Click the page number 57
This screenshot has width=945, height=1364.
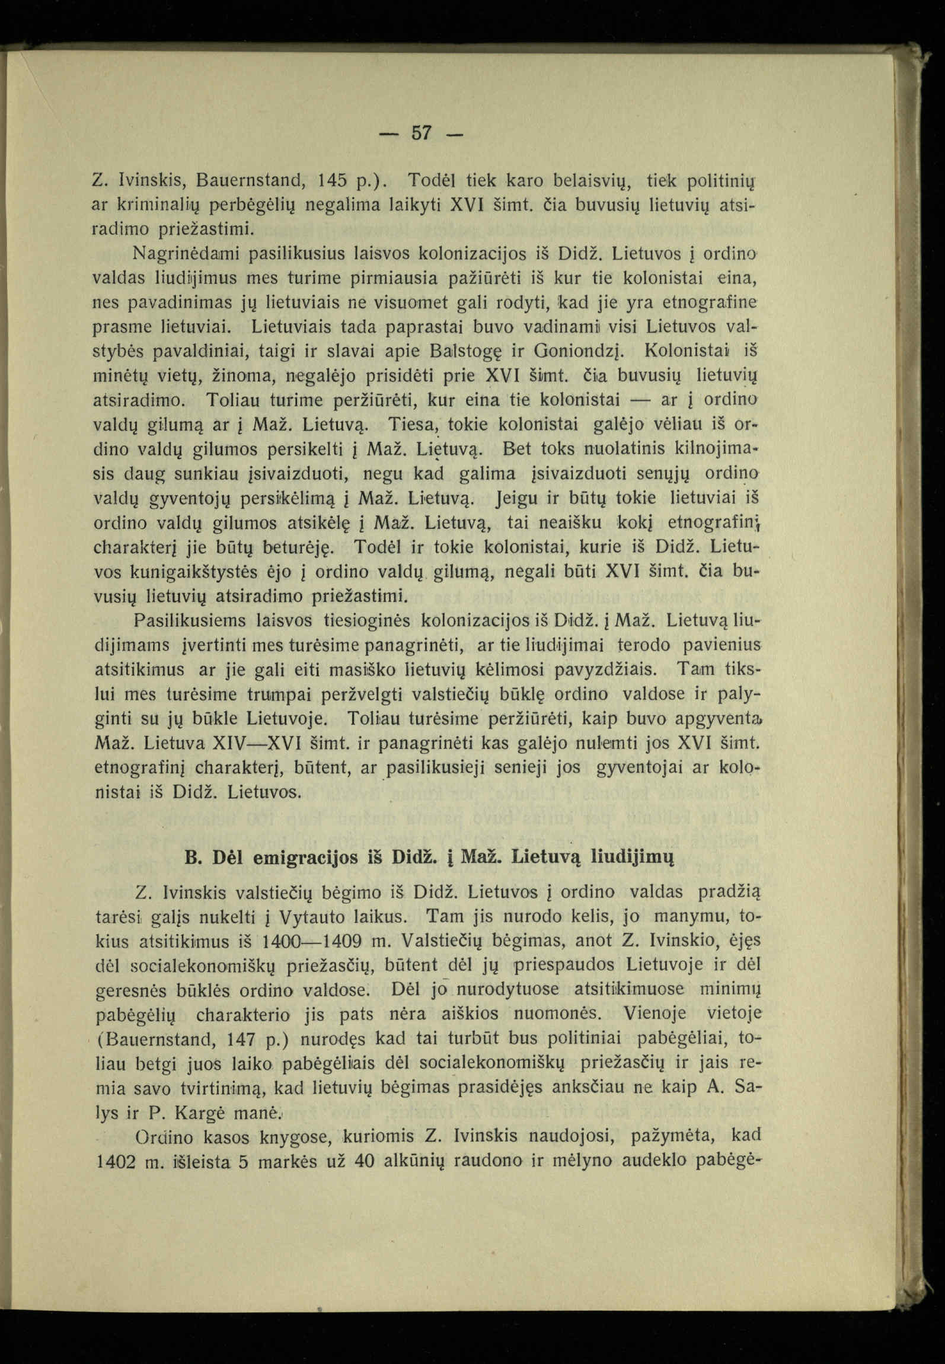(x=421, y=133)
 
